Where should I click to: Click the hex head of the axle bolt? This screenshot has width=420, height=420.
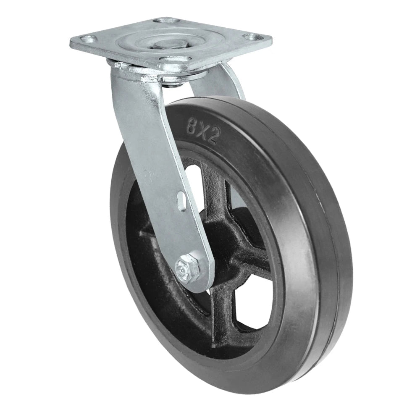[184, 267]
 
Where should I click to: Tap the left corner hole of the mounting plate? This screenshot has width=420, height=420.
[87, 39]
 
